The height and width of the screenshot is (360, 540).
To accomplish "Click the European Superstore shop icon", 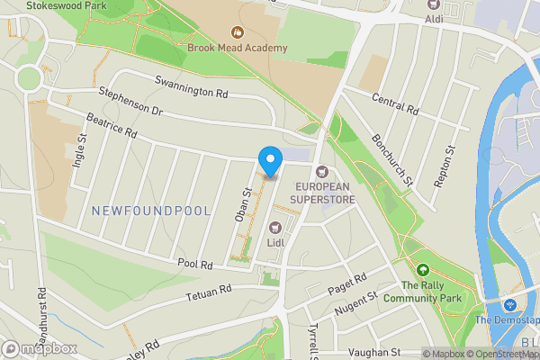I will pos(322,171).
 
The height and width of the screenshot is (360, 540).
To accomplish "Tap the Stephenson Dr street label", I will pos(131,101).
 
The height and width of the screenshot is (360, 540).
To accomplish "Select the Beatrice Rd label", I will pos(112,126).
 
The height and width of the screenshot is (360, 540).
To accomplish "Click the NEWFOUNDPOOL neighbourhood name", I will pos(151,211).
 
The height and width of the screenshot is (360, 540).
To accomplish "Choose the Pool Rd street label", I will pos(194,265).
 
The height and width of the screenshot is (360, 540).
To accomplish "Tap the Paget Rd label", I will pos(346,283).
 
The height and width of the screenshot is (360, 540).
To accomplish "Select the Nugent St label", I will pos(357,301).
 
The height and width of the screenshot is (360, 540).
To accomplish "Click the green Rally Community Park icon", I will pos(422,269).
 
